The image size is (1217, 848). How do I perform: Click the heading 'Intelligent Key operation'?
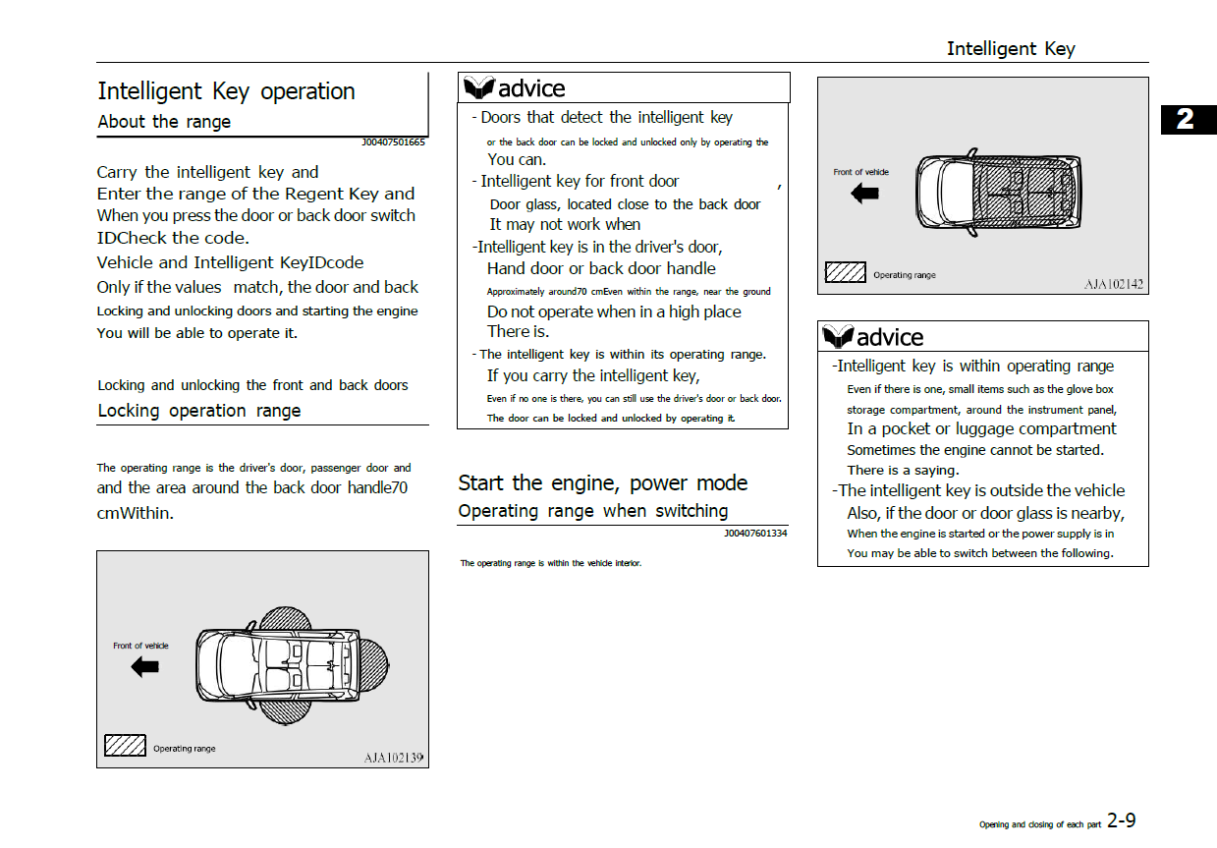pyautogui.click(x=226, y=91)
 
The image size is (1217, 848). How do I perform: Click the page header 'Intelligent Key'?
pyautogui.click(x=1010, y=48)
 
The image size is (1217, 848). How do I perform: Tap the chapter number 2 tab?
pyautogui.click(x=1186, y=119)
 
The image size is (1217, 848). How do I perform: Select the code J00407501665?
pyautogui.click(x=393, y=142)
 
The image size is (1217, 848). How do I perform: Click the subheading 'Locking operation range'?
pyautogui.click(x=199, y=411)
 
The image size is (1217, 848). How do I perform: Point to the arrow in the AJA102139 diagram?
pyautogui.click(x=145, y=667)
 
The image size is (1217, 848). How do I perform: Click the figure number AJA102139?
pyautogui.click(x=393, y=758)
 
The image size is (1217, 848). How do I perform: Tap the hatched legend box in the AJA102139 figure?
pyautogui.click(x=125, y=746)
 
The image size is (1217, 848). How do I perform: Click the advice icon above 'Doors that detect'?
pyautogui.click(x=479, y=88)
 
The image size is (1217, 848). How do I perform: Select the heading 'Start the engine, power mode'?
pyautogui.click(x=602, y=482)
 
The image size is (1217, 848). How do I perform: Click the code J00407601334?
pyautogui.click(x=755, y=534)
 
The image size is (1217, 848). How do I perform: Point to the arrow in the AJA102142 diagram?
pyautogui.click(x=865, y=194)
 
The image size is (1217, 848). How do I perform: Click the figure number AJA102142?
pyautogui.click(x=1114, y=284)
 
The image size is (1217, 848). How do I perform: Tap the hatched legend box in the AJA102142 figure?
pyautogui.click(x=845, y=272)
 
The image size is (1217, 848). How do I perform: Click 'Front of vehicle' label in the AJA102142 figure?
pyautogui.click(x=860, y=172)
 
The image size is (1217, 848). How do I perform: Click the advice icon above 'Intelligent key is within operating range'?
pyautogui.click(x=838, y=337)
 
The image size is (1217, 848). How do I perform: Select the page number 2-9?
pyautogui.click(x=1122, y=820)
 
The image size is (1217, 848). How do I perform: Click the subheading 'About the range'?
pyautogui.click(x=164, y=122)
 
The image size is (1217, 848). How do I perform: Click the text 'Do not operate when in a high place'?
pyautogui.click(x=614, y=311)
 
